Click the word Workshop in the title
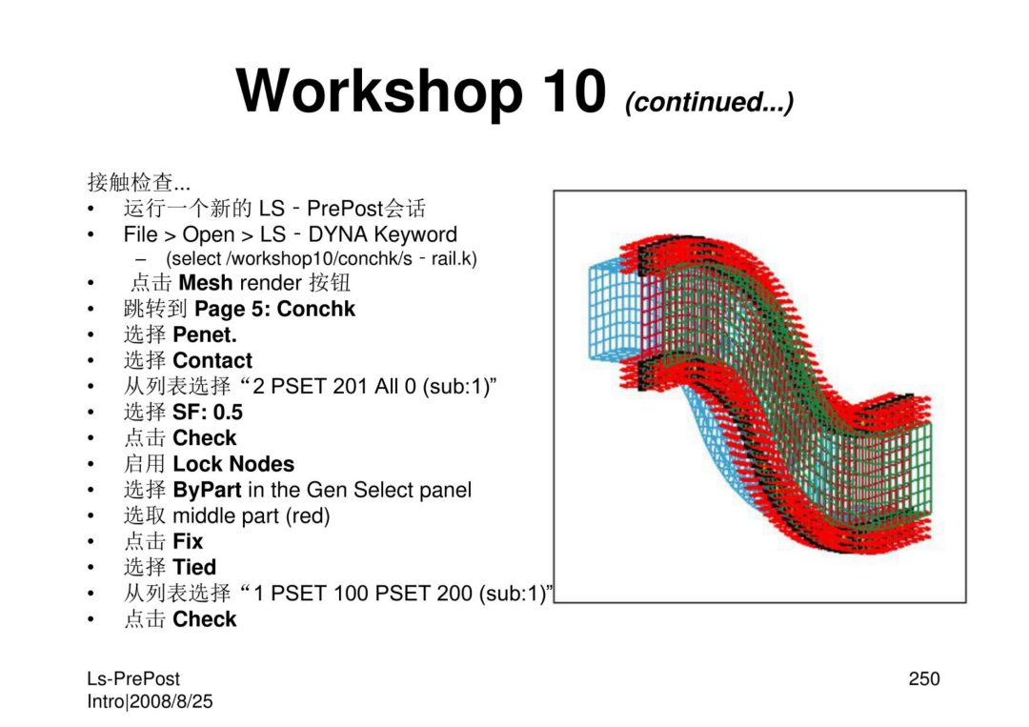coord(379,92)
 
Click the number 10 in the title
coord(574,91)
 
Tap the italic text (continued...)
coord(710,102)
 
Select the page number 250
coord(924,678)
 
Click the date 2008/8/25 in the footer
coord(171,701)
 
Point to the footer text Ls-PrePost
coord(133,678)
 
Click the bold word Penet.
coord(205,334)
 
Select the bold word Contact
coord(212,360)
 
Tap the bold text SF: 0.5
coord(208,412)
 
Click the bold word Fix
coord(189,541)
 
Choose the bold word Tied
coord(195,567)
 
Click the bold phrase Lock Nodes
coord(233,464)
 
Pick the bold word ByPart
coord(208,490)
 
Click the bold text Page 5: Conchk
coord(275,309)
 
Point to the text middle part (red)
coord(252,515)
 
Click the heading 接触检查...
coord(131,182)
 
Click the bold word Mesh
coord(206,283)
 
